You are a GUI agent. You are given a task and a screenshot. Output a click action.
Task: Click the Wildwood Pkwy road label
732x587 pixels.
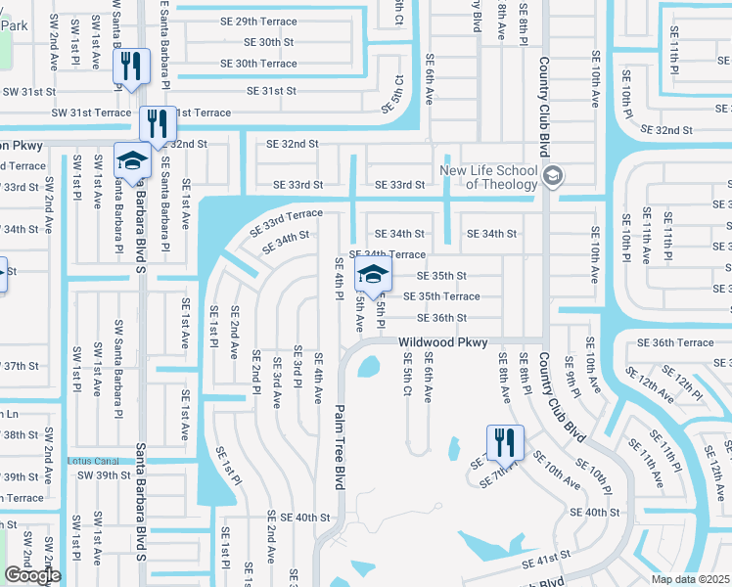pyautogui.click(x=442, y=342)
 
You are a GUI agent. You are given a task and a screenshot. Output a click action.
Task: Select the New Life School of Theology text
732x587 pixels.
pyautogui.click(x=488, y=176)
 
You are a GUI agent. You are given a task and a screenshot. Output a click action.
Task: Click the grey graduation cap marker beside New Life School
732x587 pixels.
pyautogui.click(x=553, y=176)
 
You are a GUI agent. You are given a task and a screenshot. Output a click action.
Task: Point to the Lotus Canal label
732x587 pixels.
pyautogui.click(x=92, y=461)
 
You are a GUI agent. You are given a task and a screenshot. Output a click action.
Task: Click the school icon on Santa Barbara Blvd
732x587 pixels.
pyautogui.click(x=132, y=158)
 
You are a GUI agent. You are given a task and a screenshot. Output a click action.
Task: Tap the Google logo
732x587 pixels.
pyautogui.click(x=32, y=575)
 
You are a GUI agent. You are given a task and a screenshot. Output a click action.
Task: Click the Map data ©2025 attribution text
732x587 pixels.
pyautogui.click(x=691, y=579)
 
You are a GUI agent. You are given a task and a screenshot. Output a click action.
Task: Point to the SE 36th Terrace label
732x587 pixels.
pyautogui.click(x=675, y=342)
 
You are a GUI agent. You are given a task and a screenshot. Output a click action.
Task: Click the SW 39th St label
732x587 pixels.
pyautogui.click(x=106, y=475)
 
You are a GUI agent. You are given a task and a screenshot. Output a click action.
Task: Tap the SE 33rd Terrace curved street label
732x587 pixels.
pyautogui.click(x=286, y=221)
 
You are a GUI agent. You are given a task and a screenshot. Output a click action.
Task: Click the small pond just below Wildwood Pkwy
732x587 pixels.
pyautogui.click(x=369, y=368)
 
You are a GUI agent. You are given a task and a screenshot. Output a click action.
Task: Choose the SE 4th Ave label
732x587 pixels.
pyautogui.click(x=318, y=380)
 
